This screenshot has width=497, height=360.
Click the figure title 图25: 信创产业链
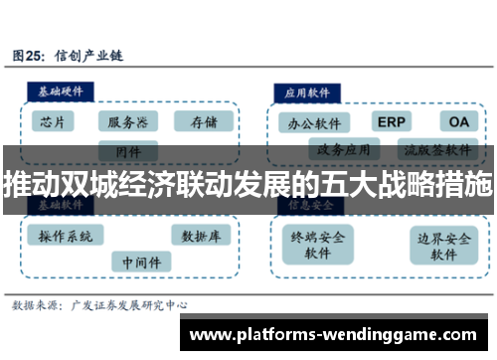[68, 57]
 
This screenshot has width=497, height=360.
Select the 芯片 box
[55, 121]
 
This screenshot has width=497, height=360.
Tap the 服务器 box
[127, 121]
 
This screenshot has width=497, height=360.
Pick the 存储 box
[203, 121]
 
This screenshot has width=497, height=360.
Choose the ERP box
[391, 121]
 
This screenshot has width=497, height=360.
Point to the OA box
[456, 121]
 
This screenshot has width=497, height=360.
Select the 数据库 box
[202, 236]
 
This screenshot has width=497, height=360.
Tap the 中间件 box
[139, 262]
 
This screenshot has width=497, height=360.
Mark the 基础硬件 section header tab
[60, 90]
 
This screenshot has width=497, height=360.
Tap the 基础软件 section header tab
[60, 205]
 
